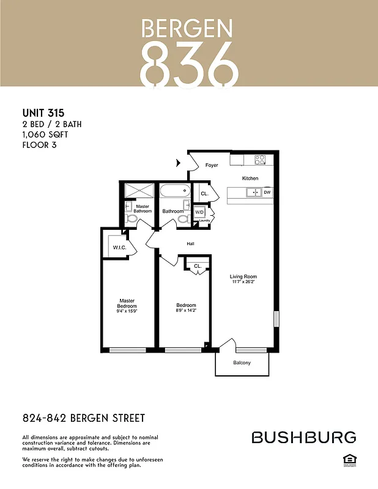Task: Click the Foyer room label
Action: click(212, 165)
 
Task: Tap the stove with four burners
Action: click(260, 160)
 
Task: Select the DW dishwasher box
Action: click(267, 193)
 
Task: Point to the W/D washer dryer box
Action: click(199, 213)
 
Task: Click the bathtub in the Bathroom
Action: click(176, 191)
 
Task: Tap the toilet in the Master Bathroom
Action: click(130, 218)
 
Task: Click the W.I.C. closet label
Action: click(119, 248)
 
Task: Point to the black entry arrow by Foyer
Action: click(179, 163)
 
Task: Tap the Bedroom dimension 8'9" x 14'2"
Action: click(186, 311)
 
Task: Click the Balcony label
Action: click(242, 363)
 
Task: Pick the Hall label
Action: click(190, 243)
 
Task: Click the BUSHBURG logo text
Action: click(304, 437)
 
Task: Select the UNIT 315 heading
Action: click(43, 113)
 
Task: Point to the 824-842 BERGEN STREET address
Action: click(84, 419)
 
